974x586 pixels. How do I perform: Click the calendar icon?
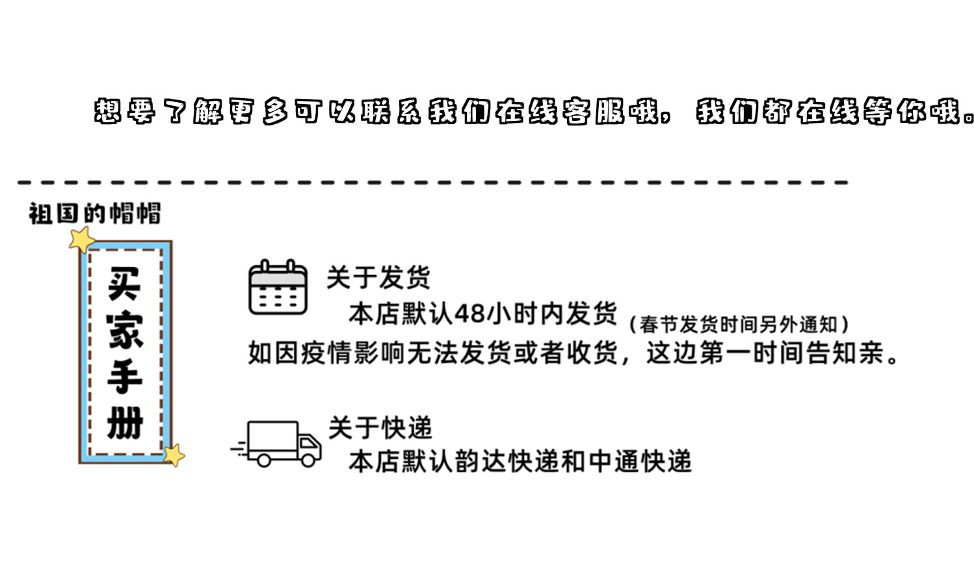coord(278,287)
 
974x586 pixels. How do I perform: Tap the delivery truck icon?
coord(278,444)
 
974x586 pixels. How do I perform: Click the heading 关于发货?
coord(378,278)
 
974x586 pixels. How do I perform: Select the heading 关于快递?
coord(380,428)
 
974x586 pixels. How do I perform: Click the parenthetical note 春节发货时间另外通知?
coord(739,324)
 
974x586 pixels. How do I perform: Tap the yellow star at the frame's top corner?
coord(83,239)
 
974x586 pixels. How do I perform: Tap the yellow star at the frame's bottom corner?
coord(174,455)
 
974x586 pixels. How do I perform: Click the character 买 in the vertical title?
coord(125,284)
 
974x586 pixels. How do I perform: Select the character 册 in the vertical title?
coord(125,423)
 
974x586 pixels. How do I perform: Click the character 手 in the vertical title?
coord(125,377)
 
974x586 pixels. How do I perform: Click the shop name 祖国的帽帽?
coord(94,213)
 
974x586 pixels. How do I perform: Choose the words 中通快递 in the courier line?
coord(639,462)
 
